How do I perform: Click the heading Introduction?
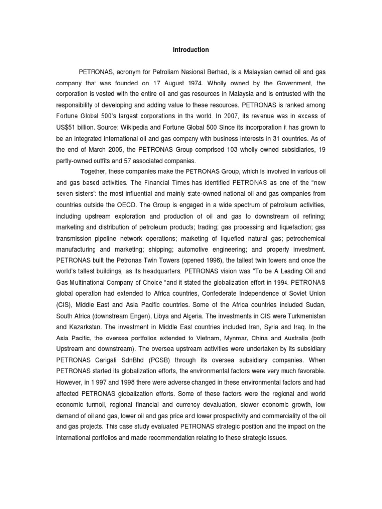(x=191, y=50)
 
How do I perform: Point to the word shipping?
(x=171, y=249)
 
